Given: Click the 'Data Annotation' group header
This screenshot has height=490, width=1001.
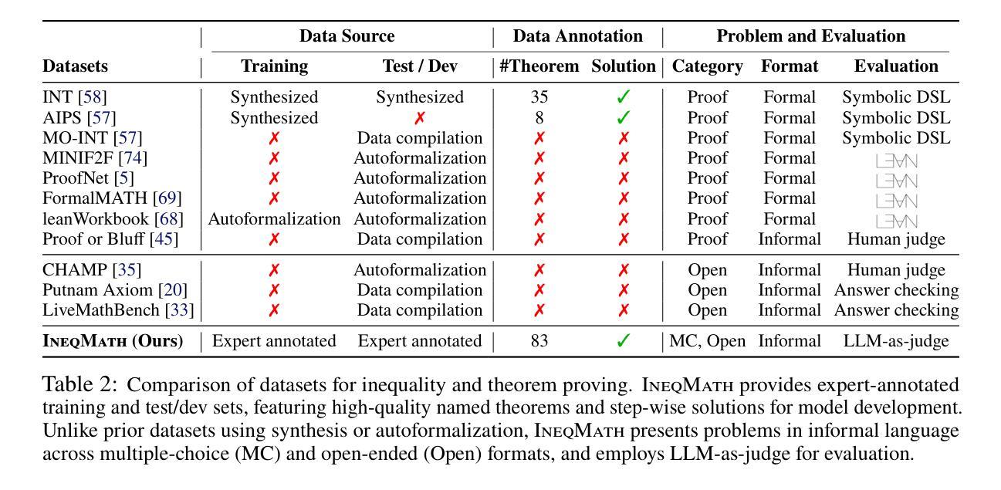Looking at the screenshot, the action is point(577,35).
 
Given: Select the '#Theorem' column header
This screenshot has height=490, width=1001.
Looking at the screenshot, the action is point(539,66).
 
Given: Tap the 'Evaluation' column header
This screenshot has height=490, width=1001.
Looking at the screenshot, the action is point(896,66).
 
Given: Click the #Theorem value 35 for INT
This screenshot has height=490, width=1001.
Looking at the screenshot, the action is point(539,97).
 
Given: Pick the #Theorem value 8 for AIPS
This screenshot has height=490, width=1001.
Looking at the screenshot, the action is point(539,118).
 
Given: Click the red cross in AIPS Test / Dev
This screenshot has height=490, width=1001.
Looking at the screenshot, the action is point(420,118).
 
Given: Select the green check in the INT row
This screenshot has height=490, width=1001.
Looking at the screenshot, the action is point(624,96).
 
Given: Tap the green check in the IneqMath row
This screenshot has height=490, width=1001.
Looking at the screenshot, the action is point(624,341).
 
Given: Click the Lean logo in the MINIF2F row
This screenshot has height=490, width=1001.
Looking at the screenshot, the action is point(897,161).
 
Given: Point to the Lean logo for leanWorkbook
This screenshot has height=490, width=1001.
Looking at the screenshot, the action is point(897,221).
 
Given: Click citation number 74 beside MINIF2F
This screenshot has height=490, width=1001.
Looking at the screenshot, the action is point(133,158).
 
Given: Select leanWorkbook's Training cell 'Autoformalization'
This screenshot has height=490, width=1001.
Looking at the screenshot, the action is point(274,219).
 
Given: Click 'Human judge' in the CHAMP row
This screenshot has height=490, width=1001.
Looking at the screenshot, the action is point(896,270).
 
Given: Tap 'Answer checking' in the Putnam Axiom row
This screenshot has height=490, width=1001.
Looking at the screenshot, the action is point(896,290).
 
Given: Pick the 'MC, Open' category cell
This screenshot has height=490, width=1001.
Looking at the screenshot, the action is point(708,341).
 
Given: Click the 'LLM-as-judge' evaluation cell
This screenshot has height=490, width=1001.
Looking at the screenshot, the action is point(896,341).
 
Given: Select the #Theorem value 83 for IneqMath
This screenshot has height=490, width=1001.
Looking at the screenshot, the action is point(539,341).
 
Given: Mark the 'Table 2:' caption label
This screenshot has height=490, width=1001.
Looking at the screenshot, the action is point(80,384).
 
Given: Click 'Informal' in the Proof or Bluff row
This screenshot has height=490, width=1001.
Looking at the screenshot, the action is point(790,239).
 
